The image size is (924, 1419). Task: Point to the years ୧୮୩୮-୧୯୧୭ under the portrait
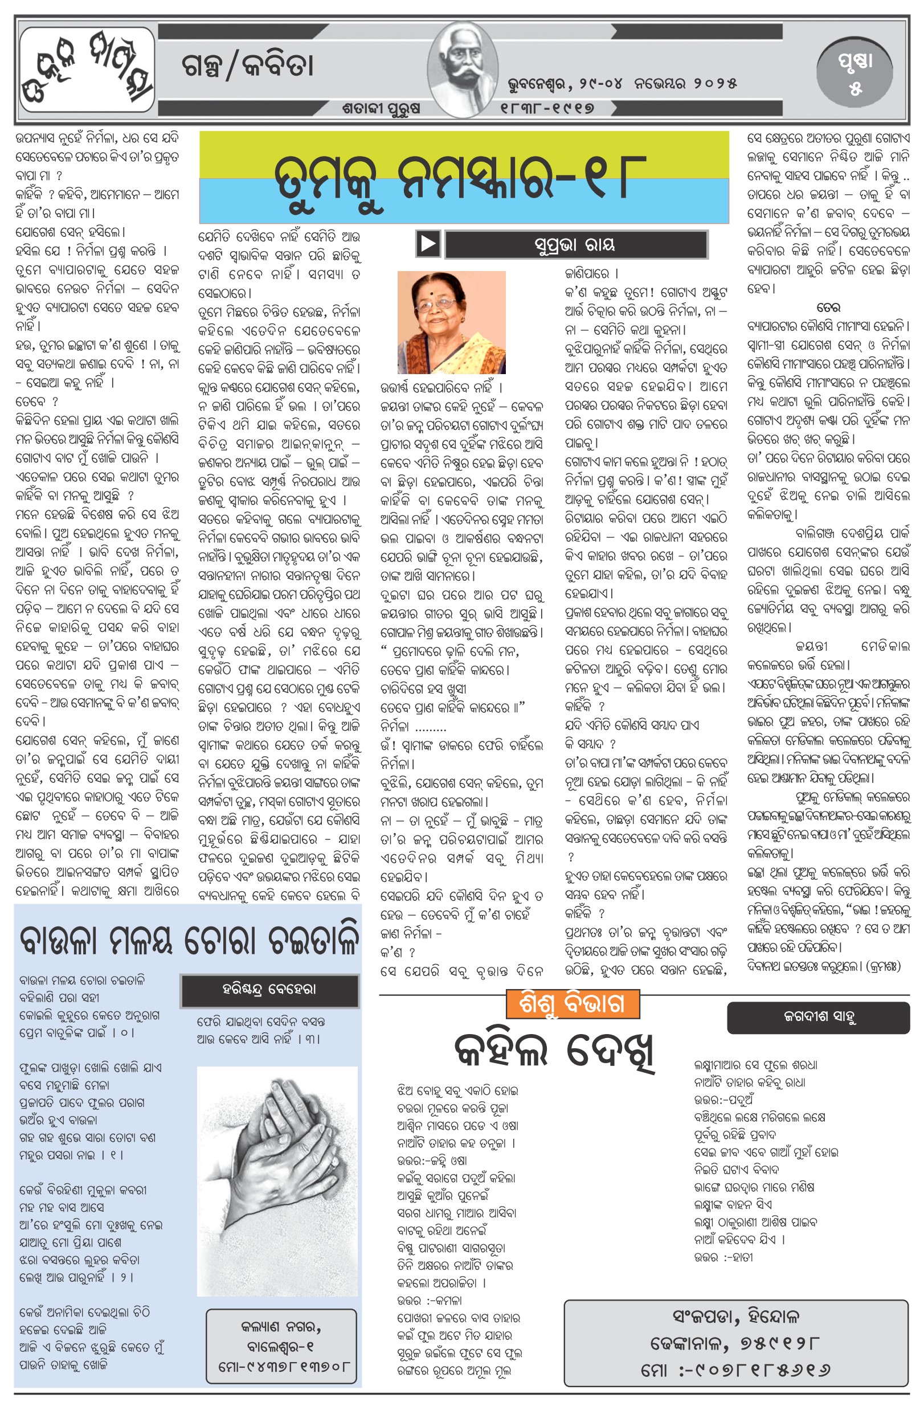[x=547, y=108]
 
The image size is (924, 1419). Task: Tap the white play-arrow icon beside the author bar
[x=428, y=243]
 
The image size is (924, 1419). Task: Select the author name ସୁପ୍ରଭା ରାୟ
[x=575, y=244]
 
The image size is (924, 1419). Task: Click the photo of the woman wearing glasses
[x=452, y=322]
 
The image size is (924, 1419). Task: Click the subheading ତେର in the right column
[x=828, y=307]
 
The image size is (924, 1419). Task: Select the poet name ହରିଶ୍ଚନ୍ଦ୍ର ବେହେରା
[x=269, y=990]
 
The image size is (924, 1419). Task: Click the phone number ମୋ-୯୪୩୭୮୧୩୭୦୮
[x=281, y=1365]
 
